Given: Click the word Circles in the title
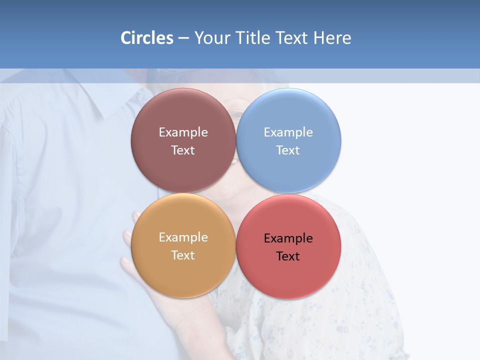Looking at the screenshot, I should coord(147,38).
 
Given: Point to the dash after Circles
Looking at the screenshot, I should coord(183,38).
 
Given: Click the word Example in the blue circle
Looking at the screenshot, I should coord(288,132).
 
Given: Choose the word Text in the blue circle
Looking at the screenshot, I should coord(288,150).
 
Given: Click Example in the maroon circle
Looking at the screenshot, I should coord(183,132).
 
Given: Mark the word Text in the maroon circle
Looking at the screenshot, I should coord(183,150).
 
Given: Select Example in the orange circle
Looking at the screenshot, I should coord(183,237).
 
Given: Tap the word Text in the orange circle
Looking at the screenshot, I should coord(183,255).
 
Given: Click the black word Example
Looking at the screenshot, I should coord(288,238).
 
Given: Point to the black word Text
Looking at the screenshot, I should coord(288,256).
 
